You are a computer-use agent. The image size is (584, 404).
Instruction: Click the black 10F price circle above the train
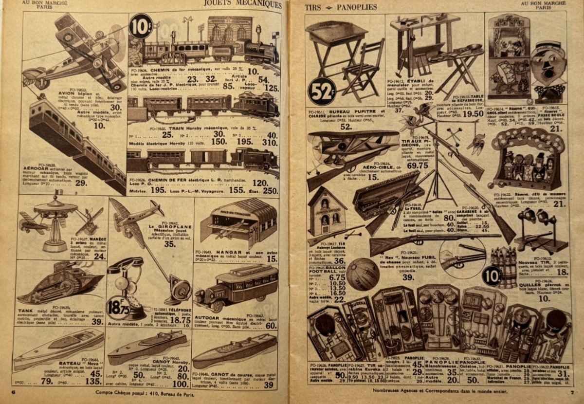141,26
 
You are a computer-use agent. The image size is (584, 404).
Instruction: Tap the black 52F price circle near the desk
322,91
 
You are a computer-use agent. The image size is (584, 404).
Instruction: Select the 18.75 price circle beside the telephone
117,309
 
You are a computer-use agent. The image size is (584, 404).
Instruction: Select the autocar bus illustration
237,288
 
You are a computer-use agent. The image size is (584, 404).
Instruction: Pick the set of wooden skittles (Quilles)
505,265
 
